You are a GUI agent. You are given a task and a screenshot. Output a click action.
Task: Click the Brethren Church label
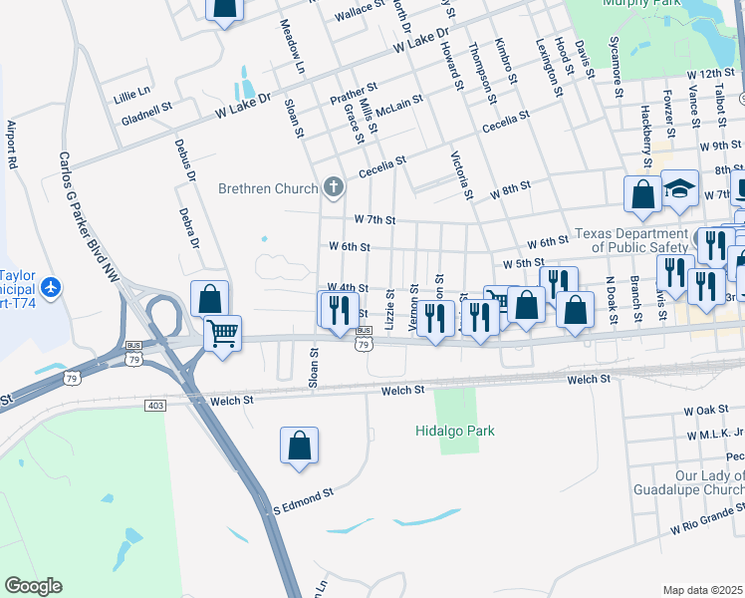tap(268, 187)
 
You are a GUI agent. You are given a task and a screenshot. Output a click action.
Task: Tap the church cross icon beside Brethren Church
tap(333, 186)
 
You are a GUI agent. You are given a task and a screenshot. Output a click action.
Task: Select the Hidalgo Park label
tap(454, 431)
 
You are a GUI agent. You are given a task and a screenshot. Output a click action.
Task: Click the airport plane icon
tap(51, 288)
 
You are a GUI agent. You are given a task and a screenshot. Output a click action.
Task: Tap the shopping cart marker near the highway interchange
tap(222, 332)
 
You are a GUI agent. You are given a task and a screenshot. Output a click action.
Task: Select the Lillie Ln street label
tap(131, 90)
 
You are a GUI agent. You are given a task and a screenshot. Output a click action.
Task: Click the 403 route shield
tap(154, 405)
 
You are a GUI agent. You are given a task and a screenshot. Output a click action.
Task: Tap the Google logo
tap(34, 586)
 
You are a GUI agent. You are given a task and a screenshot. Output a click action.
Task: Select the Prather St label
tap(354, 94)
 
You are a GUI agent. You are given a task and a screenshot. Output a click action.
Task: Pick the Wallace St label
tap(360, 11)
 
